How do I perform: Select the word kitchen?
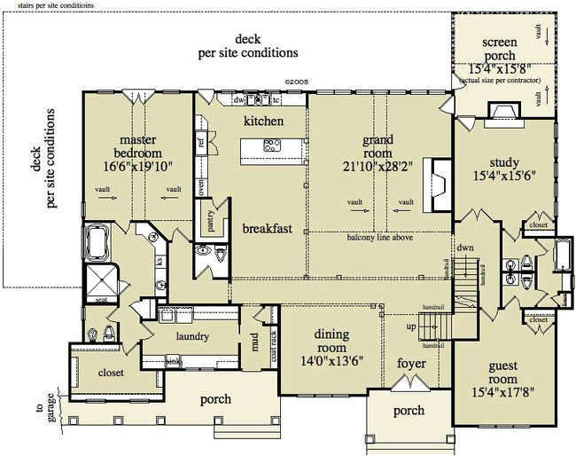pyautogui.click(x=264, y=120)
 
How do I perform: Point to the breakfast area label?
pyautogui.click(x=267, y=228)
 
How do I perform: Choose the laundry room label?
pyautogui.click(x=192, y=337)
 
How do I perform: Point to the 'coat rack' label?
pyautogui.click(x=274, y=342)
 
